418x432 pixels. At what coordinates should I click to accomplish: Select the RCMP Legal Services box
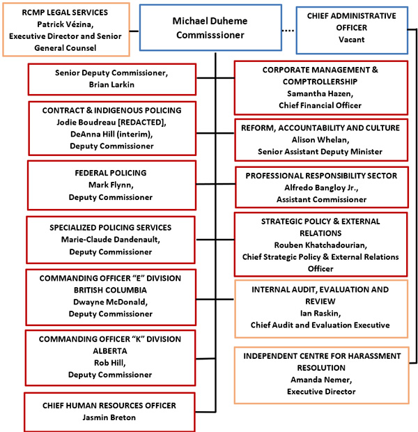(65, 30)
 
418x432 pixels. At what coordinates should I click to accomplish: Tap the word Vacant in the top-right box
(351, 40)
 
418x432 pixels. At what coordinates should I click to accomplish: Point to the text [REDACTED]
(150, 122)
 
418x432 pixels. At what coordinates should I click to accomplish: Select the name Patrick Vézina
(65, 24)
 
